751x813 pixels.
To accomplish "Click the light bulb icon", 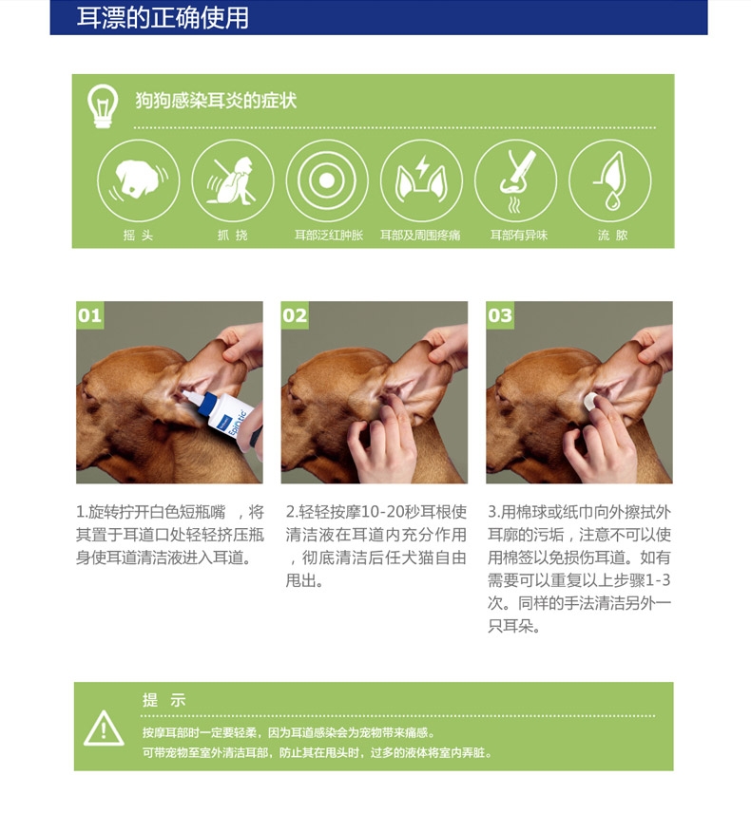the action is pos(103,105).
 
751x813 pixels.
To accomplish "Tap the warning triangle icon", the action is pos(104,728).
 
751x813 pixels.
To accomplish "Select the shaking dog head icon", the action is pos(139,180).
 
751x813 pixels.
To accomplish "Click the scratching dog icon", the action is pos(233,180).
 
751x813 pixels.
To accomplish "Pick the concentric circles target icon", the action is pos(327,180).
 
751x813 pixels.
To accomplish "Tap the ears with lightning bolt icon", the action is pos(421,180).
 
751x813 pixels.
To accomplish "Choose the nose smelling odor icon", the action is pos(516,180).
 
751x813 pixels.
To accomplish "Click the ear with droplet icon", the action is pos(610,180).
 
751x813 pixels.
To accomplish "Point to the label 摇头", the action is pos(138,236).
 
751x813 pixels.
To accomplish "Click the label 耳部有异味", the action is pos(519,236).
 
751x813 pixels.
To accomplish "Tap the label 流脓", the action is pos(612,236).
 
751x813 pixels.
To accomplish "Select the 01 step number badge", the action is pos(89,314).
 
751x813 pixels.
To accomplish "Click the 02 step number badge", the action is pos(295,314).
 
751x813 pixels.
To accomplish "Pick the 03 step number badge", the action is pos(500,314).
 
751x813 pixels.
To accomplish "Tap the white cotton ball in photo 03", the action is pos(590,401).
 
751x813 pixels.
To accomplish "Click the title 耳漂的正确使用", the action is pos(163,17).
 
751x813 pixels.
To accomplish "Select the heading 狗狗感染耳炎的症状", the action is pos(216,100).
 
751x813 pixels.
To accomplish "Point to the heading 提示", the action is pos(164,700).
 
